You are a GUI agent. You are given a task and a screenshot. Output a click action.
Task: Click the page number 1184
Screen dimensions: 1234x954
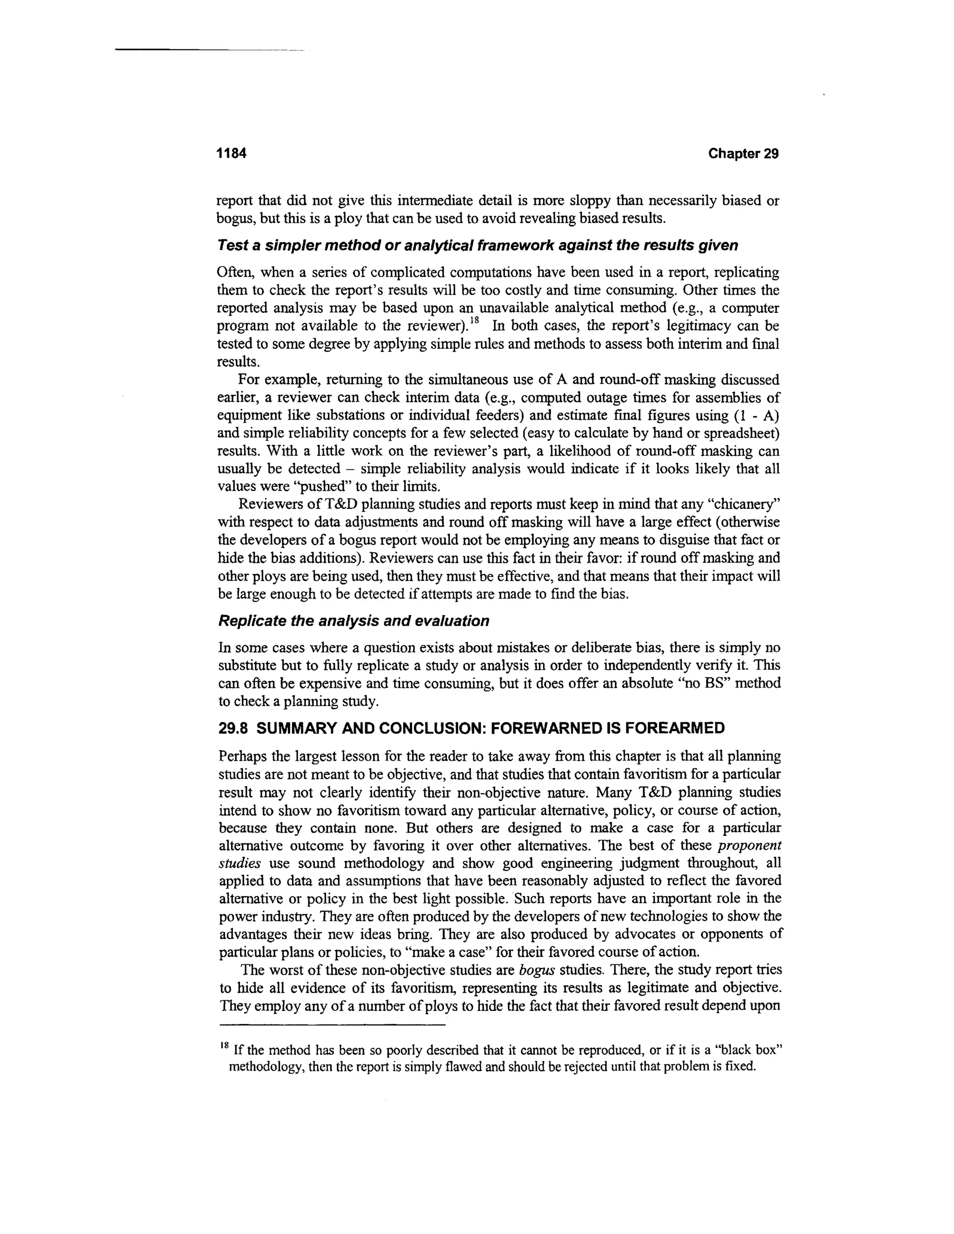(232, 154)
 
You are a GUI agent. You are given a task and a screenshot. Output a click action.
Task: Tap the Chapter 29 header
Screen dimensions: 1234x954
(743, 154)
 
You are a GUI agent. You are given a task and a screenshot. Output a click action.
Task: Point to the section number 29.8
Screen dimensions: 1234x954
(232, 728)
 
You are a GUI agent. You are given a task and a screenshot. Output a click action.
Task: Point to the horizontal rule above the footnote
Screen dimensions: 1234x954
(332, 1024)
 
